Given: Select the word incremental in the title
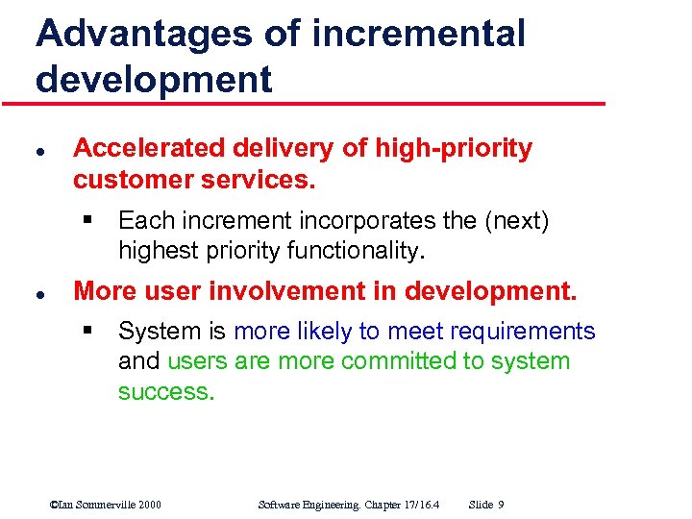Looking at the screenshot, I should tap(419, 33).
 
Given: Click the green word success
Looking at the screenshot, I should tap(165, 392).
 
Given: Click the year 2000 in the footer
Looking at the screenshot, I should tap(148, 505).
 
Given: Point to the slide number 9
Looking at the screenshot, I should tap(502, 505).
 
